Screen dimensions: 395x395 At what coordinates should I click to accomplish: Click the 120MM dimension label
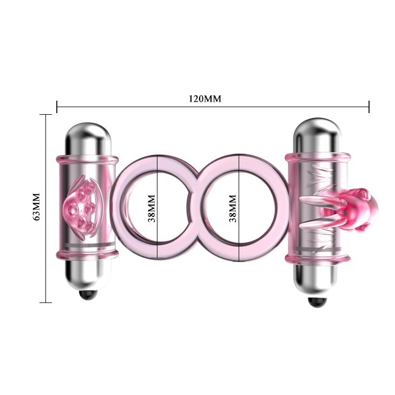(x=205, y=99)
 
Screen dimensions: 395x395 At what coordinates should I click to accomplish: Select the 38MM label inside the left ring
(x=152, y=208)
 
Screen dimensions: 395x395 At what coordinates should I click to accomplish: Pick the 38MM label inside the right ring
(x=233, y=208)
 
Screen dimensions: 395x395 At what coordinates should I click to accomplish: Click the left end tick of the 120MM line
(x=57, y=107)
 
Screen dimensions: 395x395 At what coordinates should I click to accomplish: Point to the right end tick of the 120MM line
(x=369, y=107)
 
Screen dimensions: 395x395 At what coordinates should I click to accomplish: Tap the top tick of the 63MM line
(x=46, y=114)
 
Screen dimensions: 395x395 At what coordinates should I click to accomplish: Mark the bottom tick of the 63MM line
(x=46, y=302)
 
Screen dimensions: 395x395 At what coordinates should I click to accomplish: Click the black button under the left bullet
(x=87, y=295)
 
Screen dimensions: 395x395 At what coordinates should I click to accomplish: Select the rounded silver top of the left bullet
(x=87, y=133)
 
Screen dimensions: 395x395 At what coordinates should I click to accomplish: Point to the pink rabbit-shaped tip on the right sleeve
(x=354, y=206)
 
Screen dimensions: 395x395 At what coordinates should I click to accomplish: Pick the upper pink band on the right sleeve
(x=317, y=157)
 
